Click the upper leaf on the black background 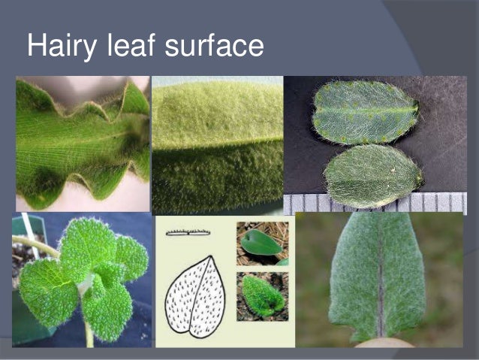365,112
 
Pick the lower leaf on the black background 371,175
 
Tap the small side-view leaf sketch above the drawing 188,232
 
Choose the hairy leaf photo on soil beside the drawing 262,295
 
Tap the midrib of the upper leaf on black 365,113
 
